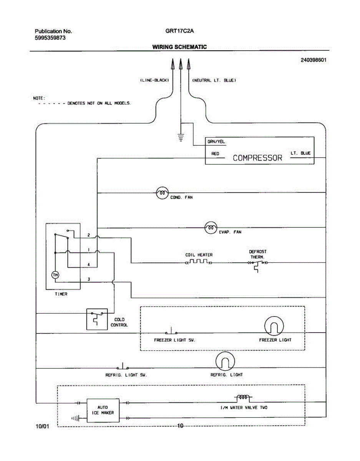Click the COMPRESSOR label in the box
coord(257,158)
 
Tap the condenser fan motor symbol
coord(162,193)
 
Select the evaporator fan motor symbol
coord(211,228)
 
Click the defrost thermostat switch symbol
coord(257,264)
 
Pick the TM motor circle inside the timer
coord(55,275)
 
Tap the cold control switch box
coord(97,318)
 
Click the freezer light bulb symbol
coord(274,327)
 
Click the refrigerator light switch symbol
coord(123,366)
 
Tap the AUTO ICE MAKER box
coord(103,410)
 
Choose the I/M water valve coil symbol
coord(243,398)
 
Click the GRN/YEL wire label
coord(216,142)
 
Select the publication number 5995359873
coord(50,38)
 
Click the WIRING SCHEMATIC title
coord(179,47)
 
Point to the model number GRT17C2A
coord(180,31)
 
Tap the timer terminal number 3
coord(89,279)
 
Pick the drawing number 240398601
coord(314,60)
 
